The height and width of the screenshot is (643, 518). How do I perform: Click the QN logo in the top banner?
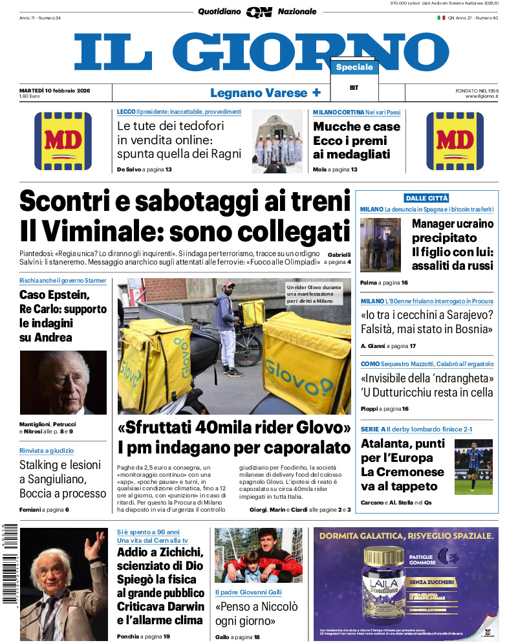click(x=259, y=12)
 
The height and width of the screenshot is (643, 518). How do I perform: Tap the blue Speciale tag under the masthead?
click(x=354, y=67)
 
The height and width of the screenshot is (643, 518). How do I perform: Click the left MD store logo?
click(x=63, y=141)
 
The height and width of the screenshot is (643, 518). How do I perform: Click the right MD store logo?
click(x=455, y=141)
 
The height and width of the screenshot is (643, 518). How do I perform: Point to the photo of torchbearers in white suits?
click(x=277, y=142)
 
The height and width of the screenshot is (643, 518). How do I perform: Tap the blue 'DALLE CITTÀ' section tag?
click(x=426, y=198)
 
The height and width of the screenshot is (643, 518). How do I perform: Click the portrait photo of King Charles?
click(x=63, y=382)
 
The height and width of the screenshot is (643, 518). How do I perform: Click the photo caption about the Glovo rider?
click(x=318, y=294)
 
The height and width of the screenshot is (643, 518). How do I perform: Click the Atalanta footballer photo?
click(x=473, y=467)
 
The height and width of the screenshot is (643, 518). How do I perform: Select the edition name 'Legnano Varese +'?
click(x=265, y=93)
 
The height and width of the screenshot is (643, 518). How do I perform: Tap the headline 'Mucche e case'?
click(x=356, y=127)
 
